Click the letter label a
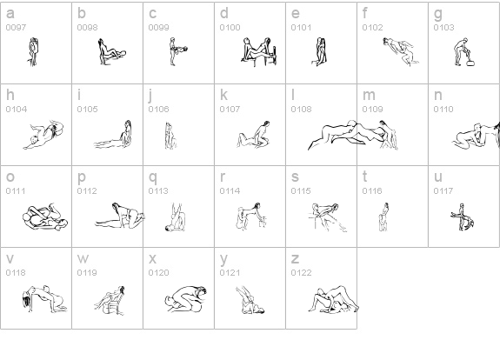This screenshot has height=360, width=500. tap(10, 14)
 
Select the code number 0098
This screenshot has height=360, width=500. tap(87, 28)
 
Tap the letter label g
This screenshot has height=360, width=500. tap(438, 15)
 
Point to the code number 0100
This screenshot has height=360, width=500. tap(230, 28)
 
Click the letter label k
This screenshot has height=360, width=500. tap(223, 95)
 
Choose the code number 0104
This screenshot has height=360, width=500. tap(17, 109)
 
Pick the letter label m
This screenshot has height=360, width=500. tap(369, 96)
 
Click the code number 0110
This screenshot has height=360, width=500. tap(443, 109)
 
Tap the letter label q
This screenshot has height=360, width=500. tap(153, 178)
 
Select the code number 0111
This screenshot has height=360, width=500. tap(16, 190)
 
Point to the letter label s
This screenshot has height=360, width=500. tap(295, 177)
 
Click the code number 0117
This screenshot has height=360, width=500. tap(443, 190)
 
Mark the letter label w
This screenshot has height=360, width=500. tap(83, 259)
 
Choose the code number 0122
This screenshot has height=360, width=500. tap(301, 273)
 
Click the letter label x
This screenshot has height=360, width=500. tap(153, 259)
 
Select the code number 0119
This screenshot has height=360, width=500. tap(87, 273)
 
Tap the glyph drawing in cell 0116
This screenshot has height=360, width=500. tap(383, 217)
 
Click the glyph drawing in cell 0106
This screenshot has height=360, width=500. tap(171, 136)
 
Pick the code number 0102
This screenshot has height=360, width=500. tap(372, 28)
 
